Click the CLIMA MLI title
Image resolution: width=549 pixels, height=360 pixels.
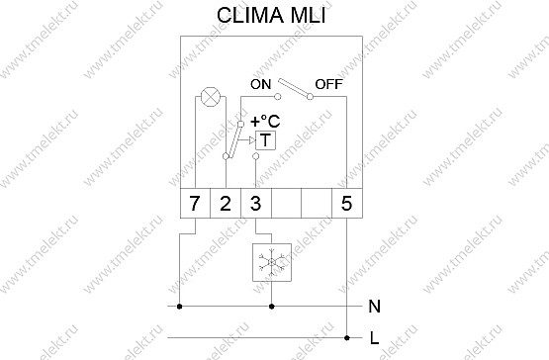[x=271, y=16]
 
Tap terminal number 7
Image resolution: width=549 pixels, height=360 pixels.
[x=195, y=203]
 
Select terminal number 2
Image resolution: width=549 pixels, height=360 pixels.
[x=226, y=203]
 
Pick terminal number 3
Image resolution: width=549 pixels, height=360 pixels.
[x=256, y=203]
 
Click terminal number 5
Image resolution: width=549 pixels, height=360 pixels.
[x=346, y=203]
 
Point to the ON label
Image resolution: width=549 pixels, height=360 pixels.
[x=261, y=84]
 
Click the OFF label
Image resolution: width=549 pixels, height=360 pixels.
[x=328, y=84]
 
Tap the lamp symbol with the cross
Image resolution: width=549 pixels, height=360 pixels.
[x=211, y=97]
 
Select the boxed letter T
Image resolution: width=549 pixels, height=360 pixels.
[x=265, y=140]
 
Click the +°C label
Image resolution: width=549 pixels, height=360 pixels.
[x=265, y=122]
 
